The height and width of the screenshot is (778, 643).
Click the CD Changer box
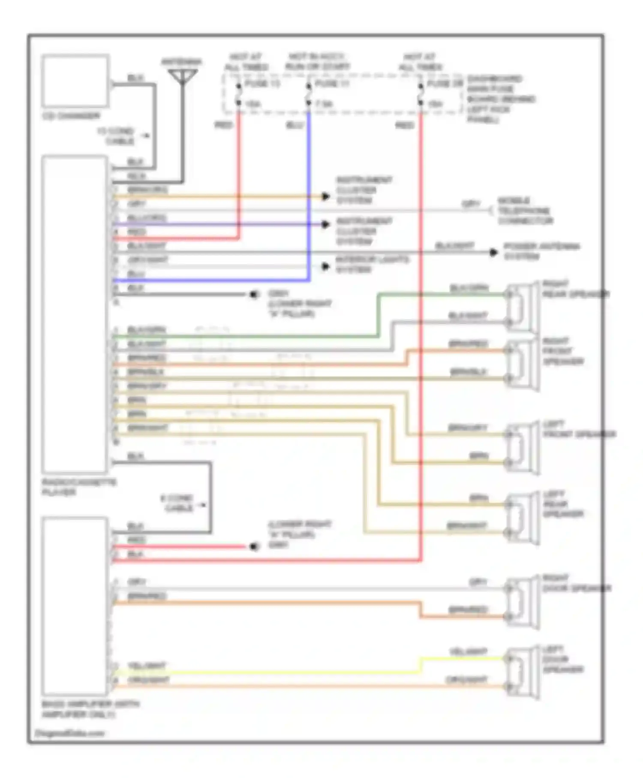[75, 81]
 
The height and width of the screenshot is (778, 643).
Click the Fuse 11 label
[332, 83]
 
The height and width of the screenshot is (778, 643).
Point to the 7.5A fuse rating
[325, 104]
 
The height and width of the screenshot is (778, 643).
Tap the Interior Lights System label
[372, 265]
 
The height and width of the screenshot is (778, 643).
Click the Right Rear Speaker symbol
[521, 308]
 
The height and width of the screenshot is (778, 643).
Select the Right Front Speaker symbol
[521, 365]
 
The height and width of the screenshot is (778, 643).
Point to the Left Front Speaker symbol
[521, 448]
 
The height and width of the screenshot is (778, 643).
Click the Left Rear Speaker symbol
[521, 519]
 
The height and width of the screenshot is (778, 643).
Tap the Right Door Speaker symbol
[521, 603]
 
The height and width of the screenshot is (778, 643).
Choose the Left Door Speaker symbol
[521, 672]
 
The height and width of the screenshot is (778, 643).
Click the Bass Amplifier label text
[90, 709]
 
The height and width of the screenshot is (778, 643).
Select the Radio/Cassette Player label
[79, 487]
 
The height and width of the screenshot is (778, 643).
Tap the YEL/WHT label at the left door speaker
[468, 651]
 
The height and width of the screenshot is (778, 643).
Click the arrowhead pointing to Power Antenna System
[494, 253]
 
